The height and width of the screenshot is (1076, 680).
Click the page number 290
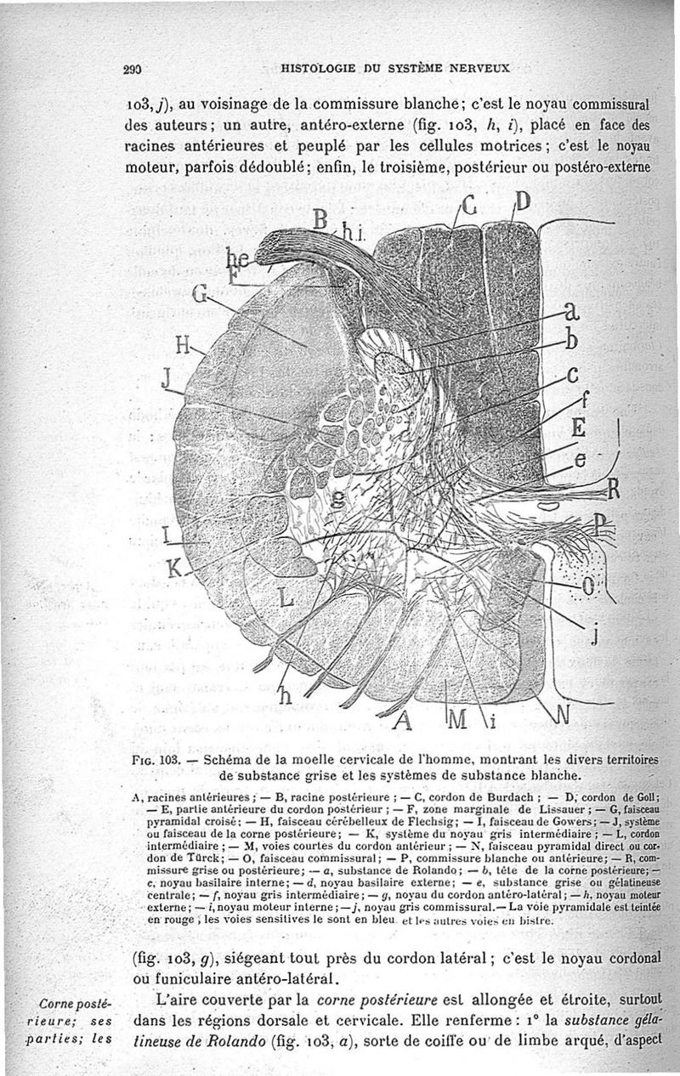[131, 71]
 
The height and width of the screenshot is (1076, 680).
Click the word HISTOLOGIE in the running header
[314, 68]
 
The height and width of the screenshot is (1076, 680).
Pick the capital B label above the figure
[320, 219]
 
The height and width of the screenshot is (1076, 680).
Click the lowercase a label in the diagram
[572, 312]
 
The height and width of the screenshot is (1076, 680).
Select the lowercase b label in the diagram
[572, 341]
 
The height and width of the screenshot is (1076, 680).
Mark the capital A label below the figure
[403, 722]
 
